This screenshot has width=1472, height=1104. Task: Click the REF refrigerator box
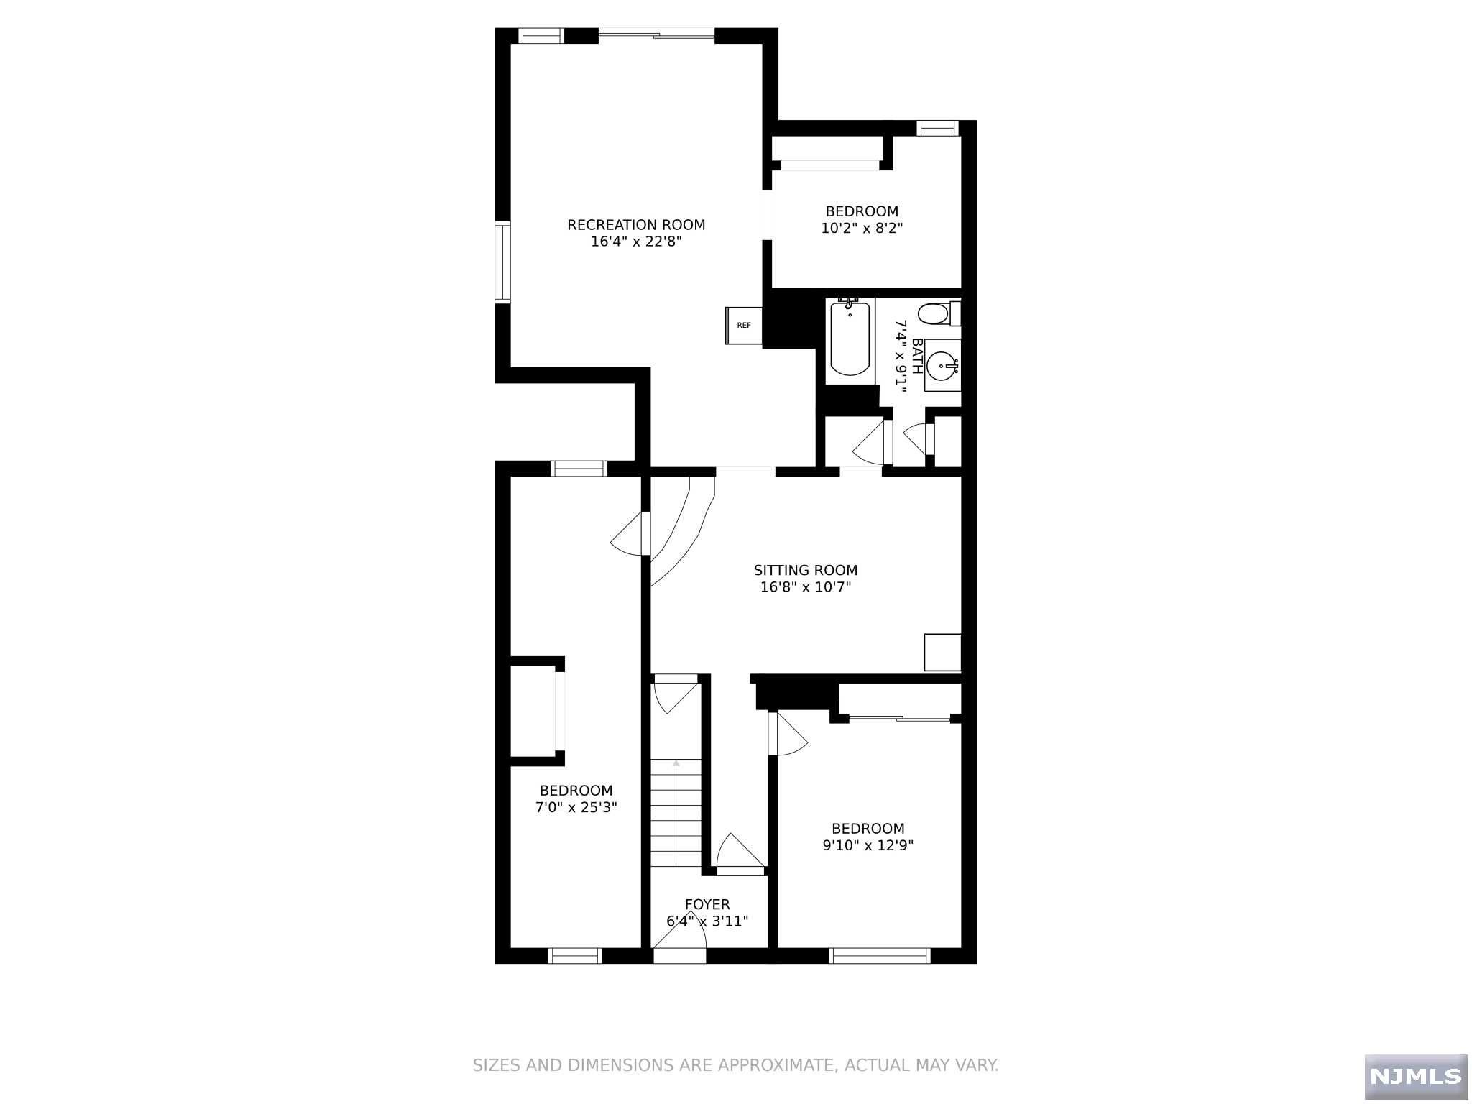pos(744,326)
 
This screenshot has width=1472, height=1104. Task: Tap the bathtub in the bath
pos(850,339)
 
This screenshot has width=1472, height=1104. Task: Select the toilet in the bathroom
pos(939,313)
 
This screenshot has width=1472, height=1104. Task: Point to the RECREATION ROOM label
pos(636,225)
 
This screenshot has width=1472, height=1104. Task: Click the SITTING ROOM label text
pos(806,570)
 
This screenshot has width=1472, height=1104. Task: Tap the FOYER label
pos(707,904)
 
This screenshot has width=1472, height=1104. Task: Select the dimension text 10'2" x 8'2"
pos(862,229)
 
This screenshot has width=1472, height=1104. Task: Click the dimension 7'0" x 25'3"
pos(576,807)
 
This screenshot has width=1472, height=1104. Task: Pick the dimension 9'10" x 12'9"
pos(868,845)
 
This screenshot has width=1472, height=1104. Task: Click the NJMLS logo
pos(1416,1076)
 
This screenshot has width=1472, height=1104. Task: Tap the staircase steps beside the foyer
pos(676,813)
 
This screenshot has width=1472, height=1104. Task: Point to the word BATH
pos(917,356)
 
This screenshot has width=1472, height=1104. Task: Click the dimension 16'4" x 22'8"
pos(636,241)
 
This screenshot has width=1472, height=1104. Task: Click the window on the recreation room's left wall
pos(502,262)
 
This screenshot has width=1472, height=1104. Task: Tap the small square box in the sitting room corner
pos(942,652)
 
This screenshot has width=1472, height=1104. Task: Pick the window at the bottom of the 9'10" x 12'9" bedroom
pos(880,956)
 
